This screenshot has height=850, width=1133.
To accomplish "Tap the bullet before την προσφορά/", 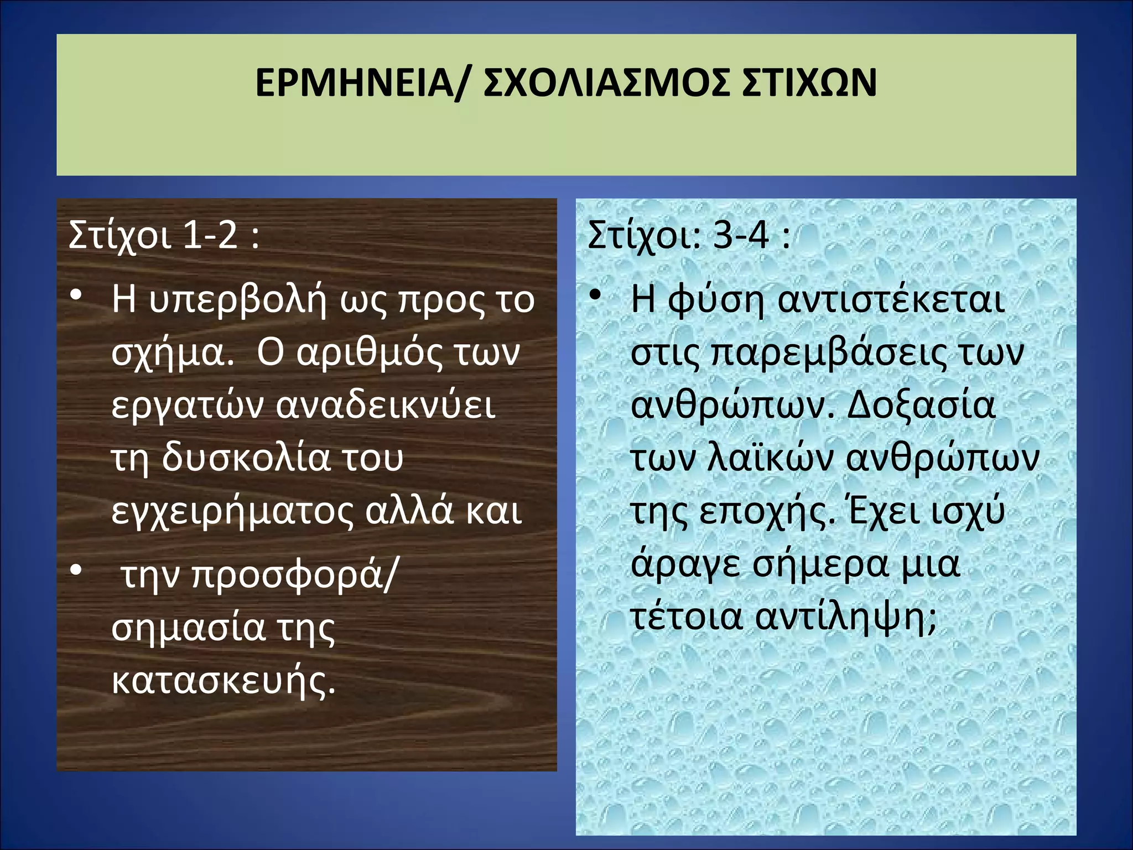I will coord(76,569).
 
